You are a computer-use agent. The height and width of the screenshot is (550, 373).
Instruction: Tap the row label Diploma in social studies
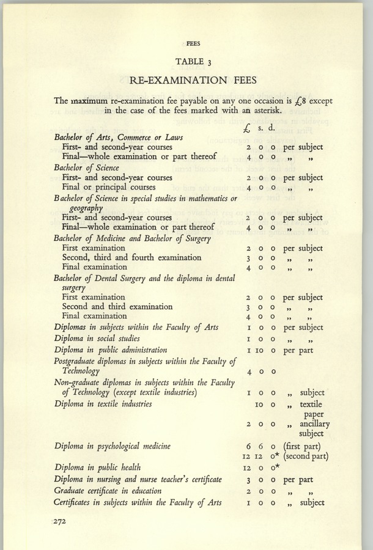click(97, 339)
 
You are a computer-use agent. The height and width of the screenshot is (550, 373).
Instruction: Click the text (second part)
click(311, 457)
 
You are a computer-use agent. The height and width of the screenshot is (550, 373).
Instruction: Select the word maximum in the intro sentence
click(90, 100)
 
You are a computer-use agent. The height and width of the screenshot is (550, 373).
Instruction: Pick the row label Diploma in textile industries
click(103, 404)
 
